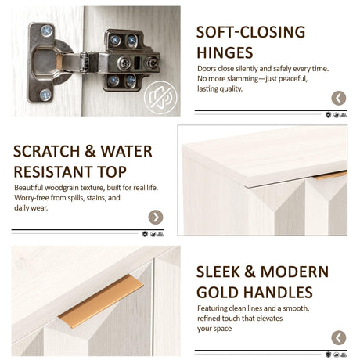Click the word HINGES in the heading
coord(225,52)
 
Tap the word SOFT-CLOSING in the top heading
coord(250,32)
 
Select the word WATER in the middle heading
coord(127,151)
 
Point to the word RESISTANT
coord(52,172)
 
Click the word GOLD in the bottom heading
coord(218,293)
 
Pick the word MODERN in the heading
coord(294,272)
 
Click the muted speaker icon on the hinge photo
coord(160,98)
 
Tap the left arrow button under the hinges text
coord(339,98)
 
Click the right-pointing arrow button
coord(156,217)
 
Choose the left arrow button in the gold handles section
coord(339,338)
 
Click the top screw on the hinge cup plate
coord(47,31)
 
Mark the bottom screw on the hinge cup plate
coord(45,95)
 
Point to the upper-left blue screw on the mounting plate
coord(115,40)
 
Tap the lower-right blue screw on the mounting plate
coord(131,79)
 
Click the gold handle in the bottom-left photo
coord(101,301)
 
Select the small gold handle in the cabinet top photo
coord(330,175)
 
